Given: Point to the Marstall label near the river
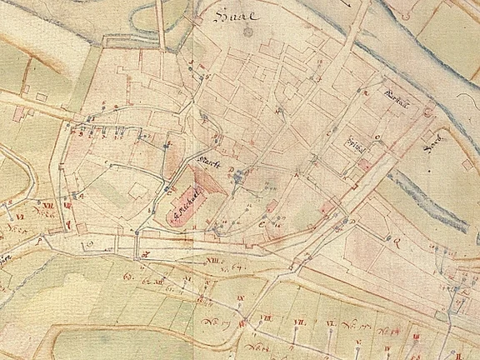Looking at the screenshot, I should pyautogui.click(x=392, y=93).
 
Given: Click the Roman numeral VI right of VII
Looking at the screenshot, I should pyautogui.click(x=330, y=322).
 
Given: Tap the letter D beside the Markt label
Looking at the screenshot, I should pyautogui.click(x=231, y=169).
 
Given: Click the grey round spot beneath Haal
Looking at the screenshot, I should pyautogui.click(x=247, y=32).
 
